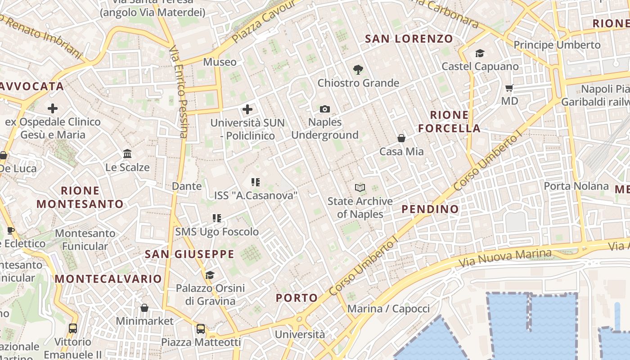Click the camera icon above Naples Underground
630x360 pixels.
click(x=324, y=109)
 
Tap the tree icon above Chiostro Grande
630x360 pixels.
click(x=358, y=70)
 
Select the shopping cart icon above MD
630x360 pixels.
click(x=509, y=88)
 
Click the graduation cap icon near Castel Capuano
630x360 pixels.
click(x=480, y=54)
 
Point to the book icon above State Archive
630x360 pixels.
click(x=360, y=188)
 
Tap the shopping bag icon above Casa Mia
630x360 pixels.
click(x=401, y=138)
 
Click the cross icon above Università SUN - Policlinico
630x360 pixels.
click(x=247, y=109)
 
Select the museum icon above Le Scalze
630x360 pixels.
click(x=127, y=154)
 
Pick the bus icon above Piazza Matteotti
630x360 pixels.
click(x=201, y=329)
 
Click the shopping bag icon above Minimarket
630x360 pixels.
click(x=144, y=308)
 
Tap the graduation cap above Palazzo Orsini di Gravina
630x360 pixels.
click(x=210, y=275)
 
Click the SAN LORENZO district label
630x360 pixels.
click(x=409, y=39)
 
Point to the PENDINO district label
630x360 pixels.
click(x=430, y=209)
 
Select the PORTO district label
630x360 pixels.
click(x=297, y=297)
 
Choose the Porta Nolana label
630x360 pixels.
click(x=576, y=186)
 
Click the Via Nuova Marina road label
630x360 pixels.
click(x=505, y=257)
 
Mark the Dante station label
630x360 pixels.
click(x=187, y=186)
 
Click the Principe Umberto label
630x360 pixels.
click(x=557, y=45)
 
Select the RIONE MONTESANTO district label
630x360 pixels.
click(x=80, y=197)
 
